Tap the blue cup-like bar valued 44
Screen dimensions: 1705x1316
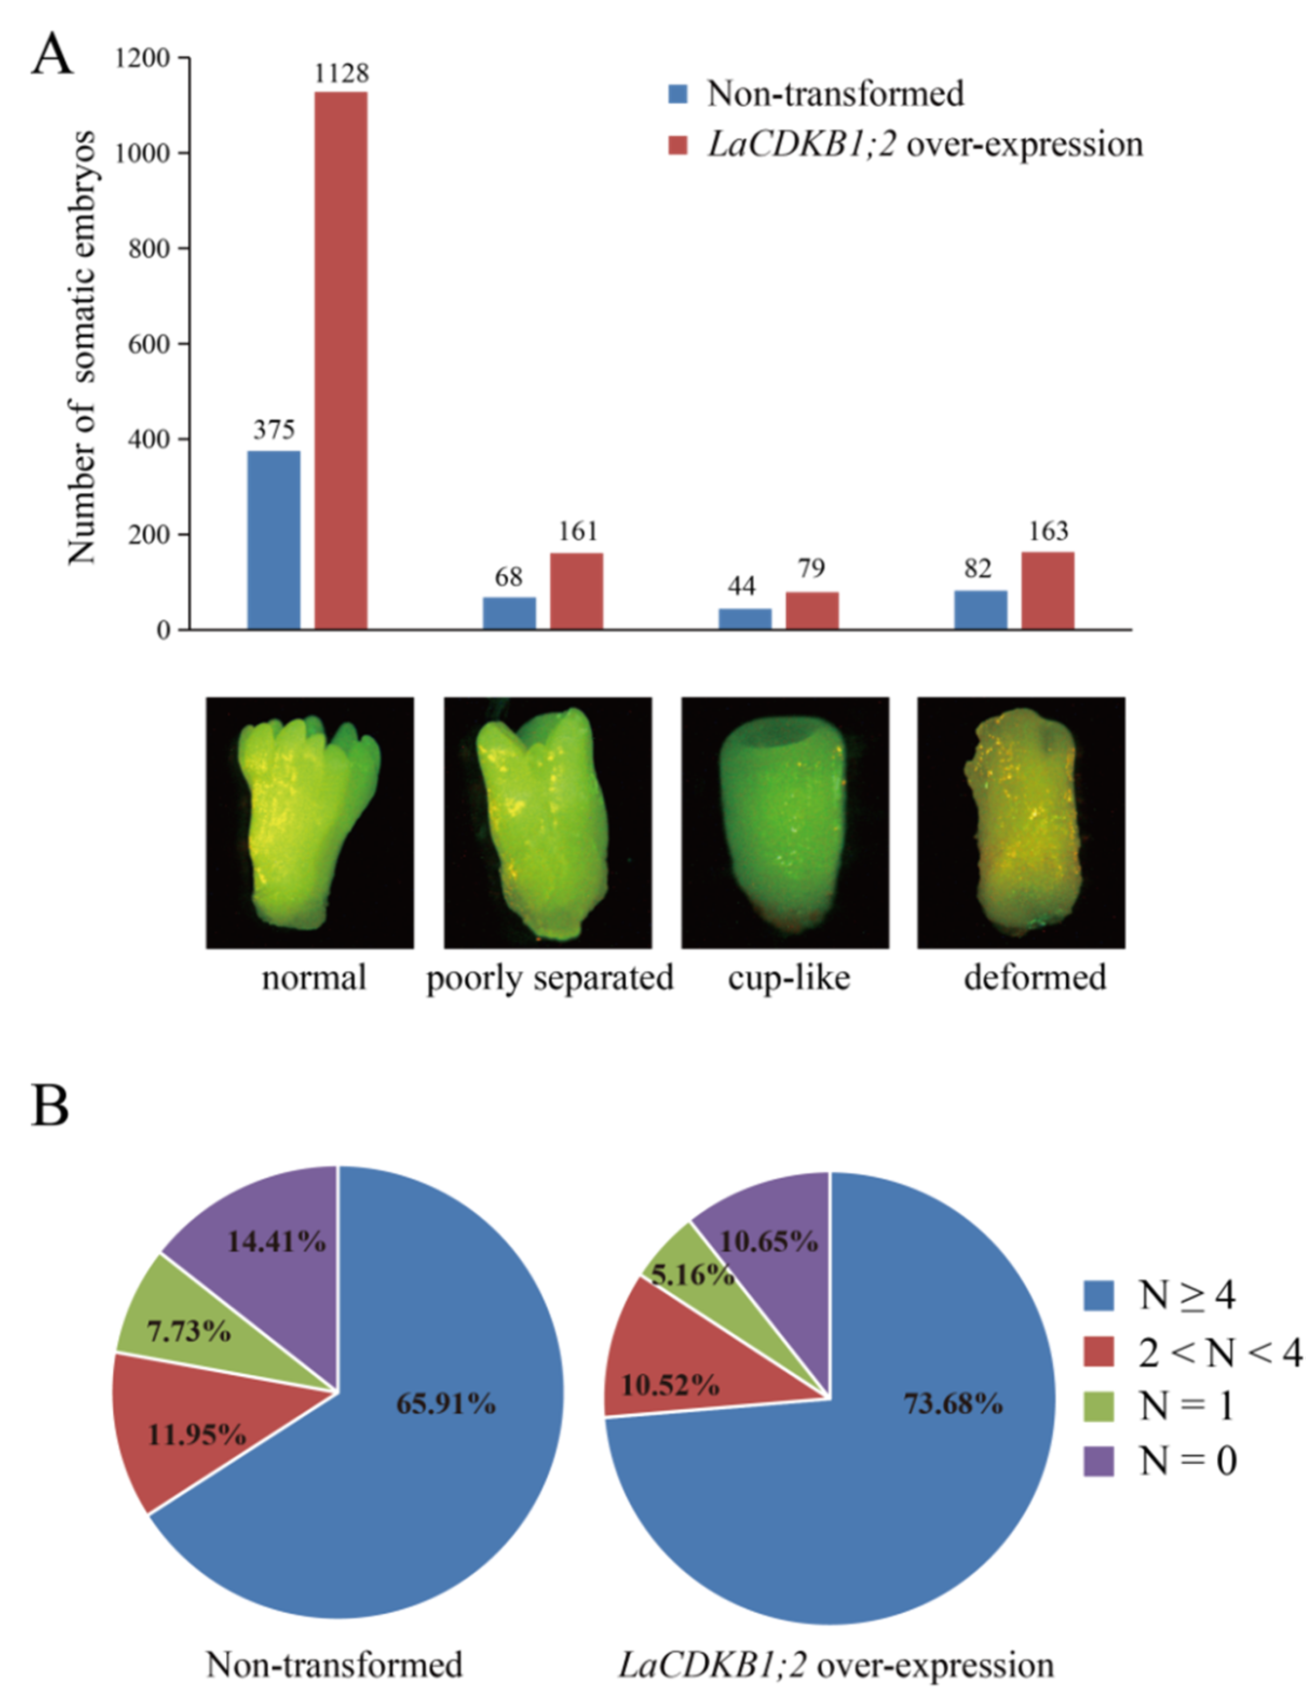(x=744, y=619)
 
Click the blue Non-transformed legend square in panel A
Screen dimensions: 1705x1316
(x=678, y=94)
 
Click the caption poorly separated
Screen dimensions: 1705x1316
(x=549, y=977)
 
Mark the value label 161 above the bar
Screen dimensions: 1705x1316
(x=577, y=532)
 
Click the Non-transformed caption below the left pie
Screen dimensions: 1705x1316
(x=334, y=1665)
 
